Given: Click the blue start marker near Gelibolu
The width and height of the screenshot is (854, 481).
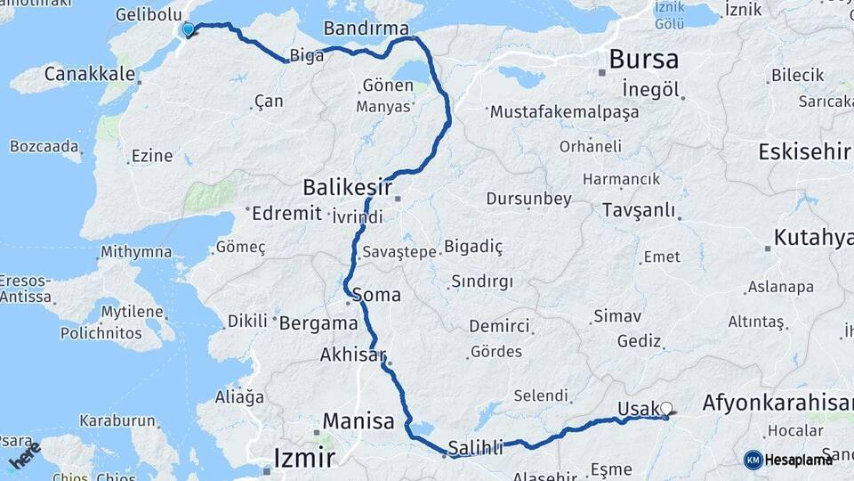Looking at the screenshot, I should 188,30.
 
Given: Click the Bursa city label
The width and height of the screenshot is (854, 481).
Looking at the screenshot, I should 643,60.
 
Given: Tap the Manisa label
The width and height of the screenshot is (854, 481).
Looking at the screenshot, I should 359,420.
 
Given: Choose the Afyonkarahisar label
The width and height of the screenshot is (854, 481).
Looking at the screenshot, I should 777,403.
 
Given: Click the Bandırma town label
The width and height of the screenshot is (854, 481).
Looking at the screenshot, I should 366,28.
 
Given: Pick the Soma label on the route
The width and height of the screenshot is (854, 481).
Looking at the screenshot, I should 376,294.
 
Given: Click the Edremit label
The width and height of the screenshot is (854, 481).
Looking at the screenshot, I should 286,214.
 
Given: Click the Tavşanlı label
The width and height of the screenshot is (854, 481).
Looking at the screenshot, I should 638,211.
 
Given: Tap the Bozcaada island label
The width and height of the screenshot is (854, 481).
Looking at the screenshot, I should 45,145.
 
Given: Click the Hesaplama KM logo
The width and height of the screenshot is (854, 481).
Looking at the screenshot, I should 788,460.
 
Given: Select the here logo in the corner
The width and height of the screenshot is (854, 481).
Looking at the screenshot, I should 25,455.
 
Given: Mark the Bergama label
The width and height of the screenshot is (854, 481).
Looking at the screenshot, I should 318,323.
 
